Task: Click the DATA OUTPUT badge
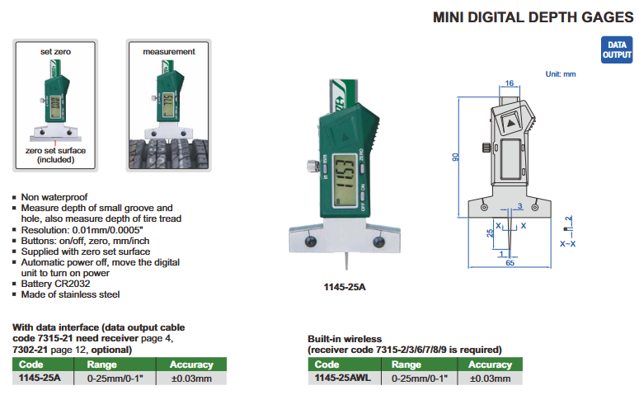(617, 49)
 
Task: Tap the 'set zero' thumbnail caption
(56, 51)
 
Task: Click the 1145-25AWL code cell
(338, 378)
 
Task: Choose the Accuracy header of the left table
(190, 364)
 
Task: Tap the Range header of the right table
(406, 364)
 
